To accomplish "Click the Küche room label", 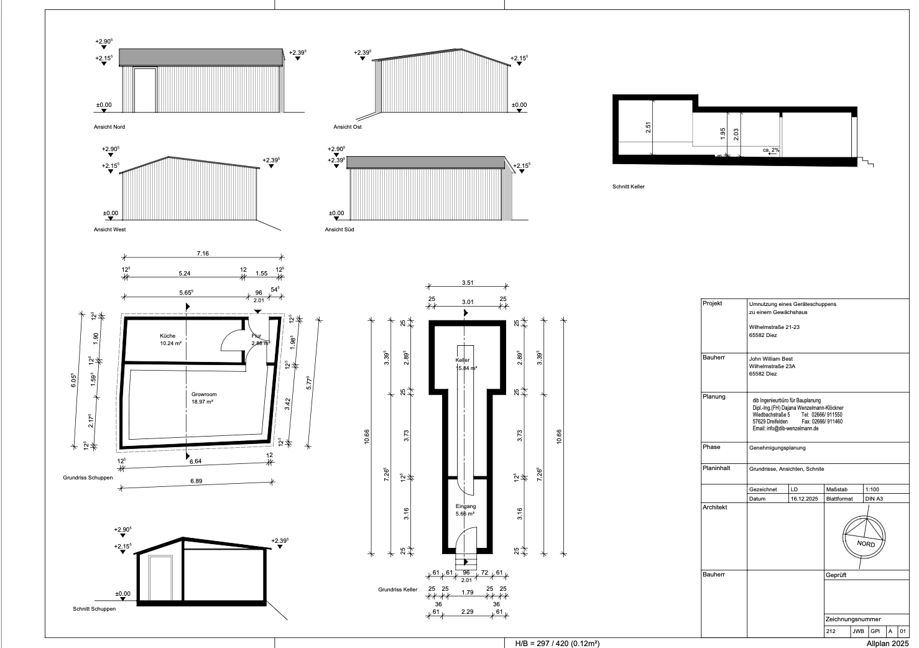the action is coord(167,336).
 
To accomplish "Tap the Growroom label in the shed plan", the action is coord(204,394).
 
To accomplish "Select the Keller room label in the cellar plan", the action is coord(463,360).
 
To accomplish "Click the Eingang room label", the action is coord(466,506).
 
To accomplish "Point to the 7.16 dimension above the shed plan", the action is coord(203,254).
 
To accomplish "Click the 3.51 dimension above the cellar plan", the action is coord(468,283).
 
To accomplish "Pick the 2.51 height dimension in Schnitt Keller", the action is coord(649,127).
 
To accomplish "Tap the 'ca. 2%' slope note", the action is coord(771,150).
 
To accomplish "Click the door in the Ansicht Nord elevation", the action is coord(145,90).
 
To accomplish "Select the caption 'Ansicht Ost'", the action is coord(348,127).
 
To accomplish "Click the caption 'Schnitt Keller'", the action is coord(629,187).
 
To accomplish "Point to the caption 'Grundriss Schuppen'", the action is coord(88,478).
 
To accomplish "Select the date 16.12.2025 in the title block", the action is coord(804,499).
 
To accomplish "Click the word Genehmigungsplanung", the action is coord(777,448).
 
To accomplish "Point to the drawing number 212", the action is coord(831,631).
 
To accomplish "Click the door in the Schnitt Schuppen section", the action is coord(161,578).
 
